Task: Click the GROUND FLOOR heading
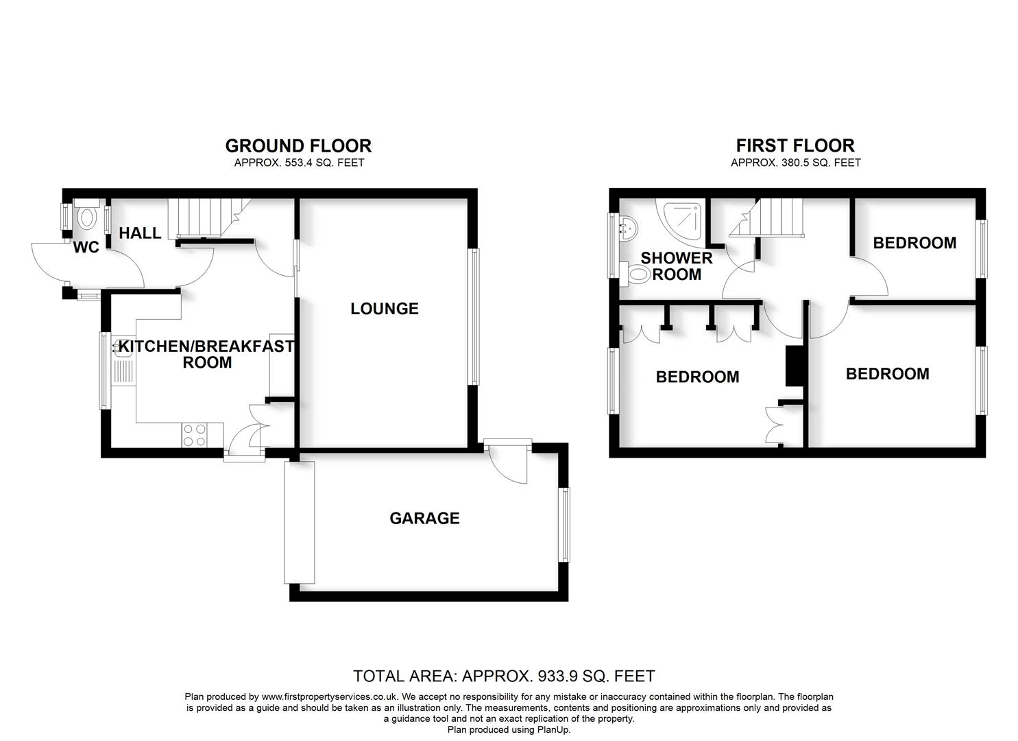coord(298,146)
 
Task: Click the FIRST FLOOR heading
coord(795,145)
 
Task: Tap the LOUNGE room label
coord(384,309)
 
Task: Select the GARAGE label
coord(424,519)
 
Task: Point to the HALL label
coord(140,233)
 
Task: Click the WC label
coord(86,248)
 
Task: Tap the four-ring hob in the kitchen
coord(194,435)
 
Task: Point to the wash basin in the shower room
coord(627,227)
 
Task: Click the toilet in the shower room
coord(635,274)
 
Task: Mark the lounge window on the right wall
coord(473,317)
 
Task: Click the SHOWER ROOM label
coord(677,266)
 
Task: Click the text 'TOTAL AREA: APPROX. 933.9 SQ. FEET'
coord(504,677)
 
